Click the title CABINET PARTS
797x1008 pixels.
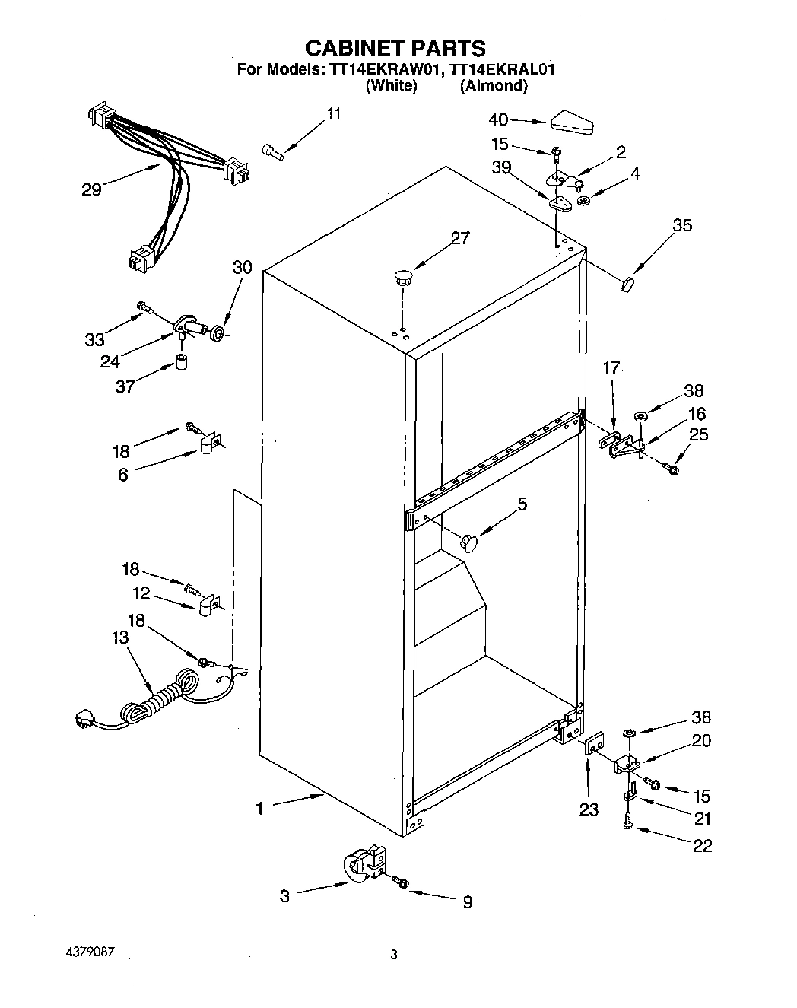pyautogui.click(x=395, y=48)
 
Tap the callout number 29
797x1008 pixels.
pyautogui.click(x=91, y=190)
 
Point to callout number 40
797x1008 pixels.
pyautogui.click(x=498, y=119)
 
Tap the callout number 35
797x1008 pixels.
pyautogui.click(x=682, y=225)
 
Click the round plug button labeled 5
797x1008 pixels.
pyautogui.click(x=470, y=542)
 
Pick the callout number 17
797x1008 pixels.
pyautogui.click(x=611, y=368)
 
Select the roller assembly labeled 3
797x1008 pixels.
pyautogui.click(x=364, y=868)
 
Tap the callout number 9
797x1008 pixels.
pyautogui.click(x=468, y=902)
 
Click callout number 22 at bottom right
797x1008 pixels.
pyautogui.click(x=702, y=845)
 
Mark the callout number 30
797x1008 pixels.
pyautogui.click(x=242, y=267)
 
